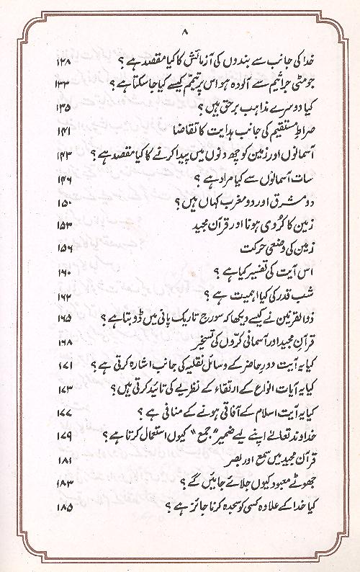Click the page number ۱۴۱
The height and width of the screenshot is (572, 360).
click(x=64, y=133)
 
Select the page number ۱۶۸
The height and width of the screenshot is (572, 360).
click(x=64, y=341)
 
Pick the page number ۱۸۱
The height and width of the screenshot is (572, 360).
click(x=64, y=459)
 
